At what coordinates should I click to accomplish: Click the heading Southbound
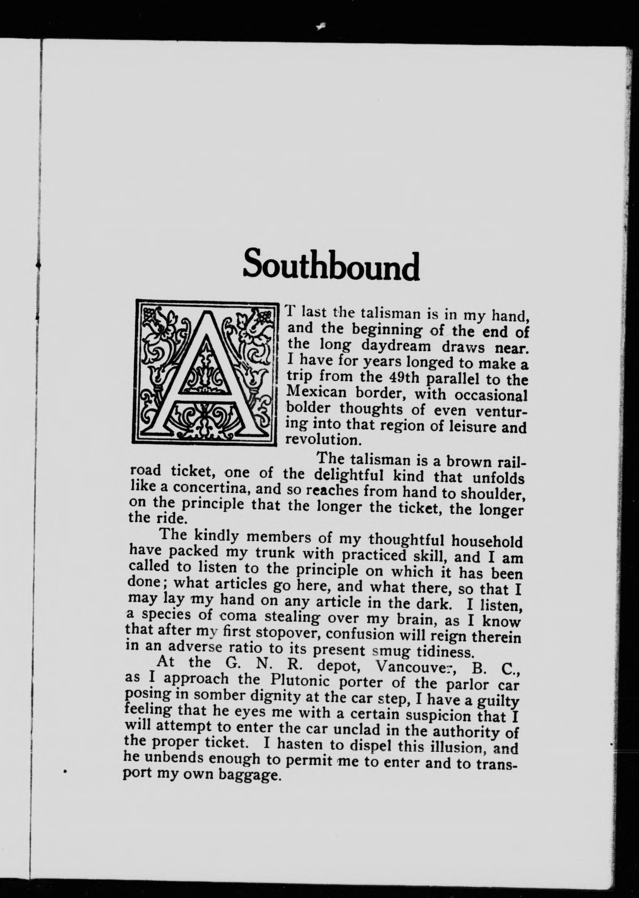click(x=331, y=264)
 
